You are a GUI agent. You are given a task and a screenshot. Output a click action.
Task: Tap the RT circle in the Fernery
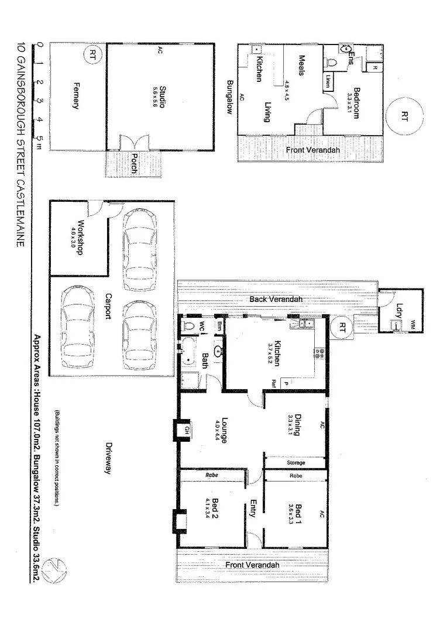click(92, 55)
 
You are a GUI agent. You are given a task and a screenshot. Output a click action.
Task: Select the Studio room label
click(162, 97)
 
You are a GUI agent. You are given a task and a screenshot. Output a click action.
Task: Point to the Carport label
click(108, 305)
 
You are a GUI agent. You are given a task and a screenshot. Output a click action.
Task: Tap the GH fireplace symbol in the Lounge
click(187, 430)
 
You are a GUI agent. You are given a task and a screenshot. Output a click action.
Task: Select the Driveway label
click(108, 457)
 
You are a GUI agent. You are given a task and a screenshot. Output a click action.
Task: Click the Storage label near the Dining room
click(295, 463)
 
